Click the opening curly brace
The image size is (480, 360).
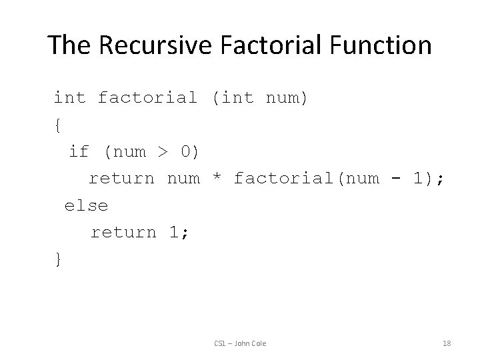click(x=58, y=125)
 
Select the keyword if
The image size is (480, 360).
click(x=79, y=151)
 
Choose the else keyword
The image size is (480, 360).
click(x=86, y=205)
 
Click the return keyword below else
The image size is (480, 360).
click(x=123, y=232)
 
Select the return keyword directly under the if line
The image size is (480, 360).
click(x=121, y=179)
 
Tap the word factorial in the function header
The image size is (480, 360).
click(x=147, y=98)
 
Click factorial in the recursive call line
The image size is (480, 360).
click(x=283, y=179)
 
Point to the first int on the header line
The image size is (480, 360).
click(x=69, y=98)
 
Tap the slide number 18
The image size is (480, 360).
click(x=447, y=343)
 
